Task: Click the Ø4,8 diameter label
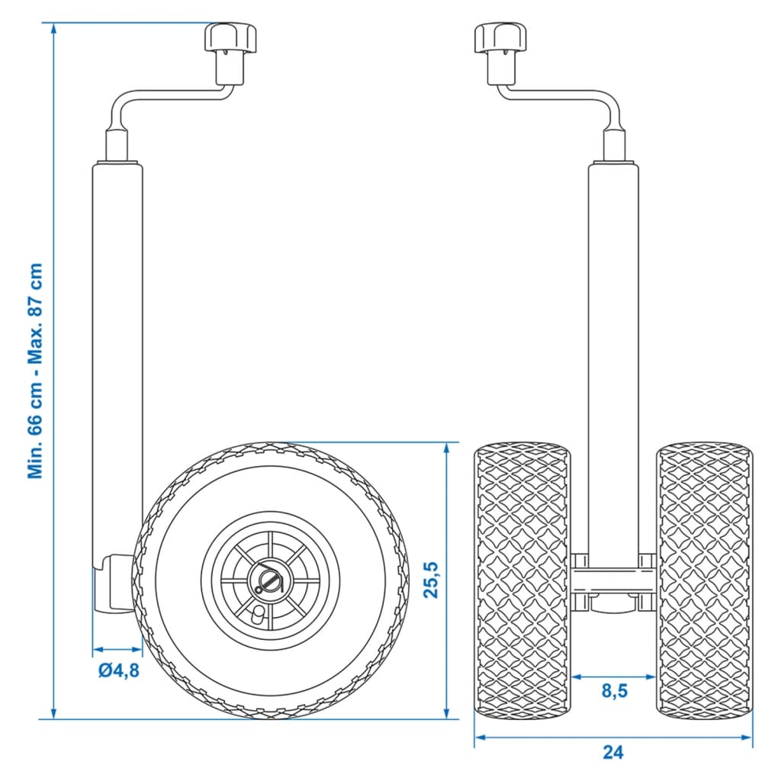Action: (x=117, y=671)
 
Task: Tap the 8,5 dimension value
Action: (x=614, y=692)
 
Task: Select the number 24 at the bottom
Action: (x=613, y=752)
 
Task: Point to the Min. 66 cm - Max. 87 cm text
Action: (x=35, y=371)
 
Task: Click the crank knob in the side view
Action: (x=231, y=39)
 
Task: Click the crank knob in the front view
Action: (x=499, y=39)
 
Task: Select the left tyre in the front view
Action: (x=522, y=580)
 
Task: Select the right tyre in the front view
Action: (x=705, y=580)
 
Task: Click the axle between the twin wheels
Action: (x=613, y=582)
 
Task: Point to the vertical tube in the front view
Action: (x=613, y=343)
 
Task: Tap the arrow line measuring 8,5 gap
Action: (x=613, y=676)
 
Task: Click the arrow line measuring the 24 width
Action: (x=613, y=737)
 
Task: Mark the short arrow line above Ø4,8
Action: (x=117, y=651)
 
